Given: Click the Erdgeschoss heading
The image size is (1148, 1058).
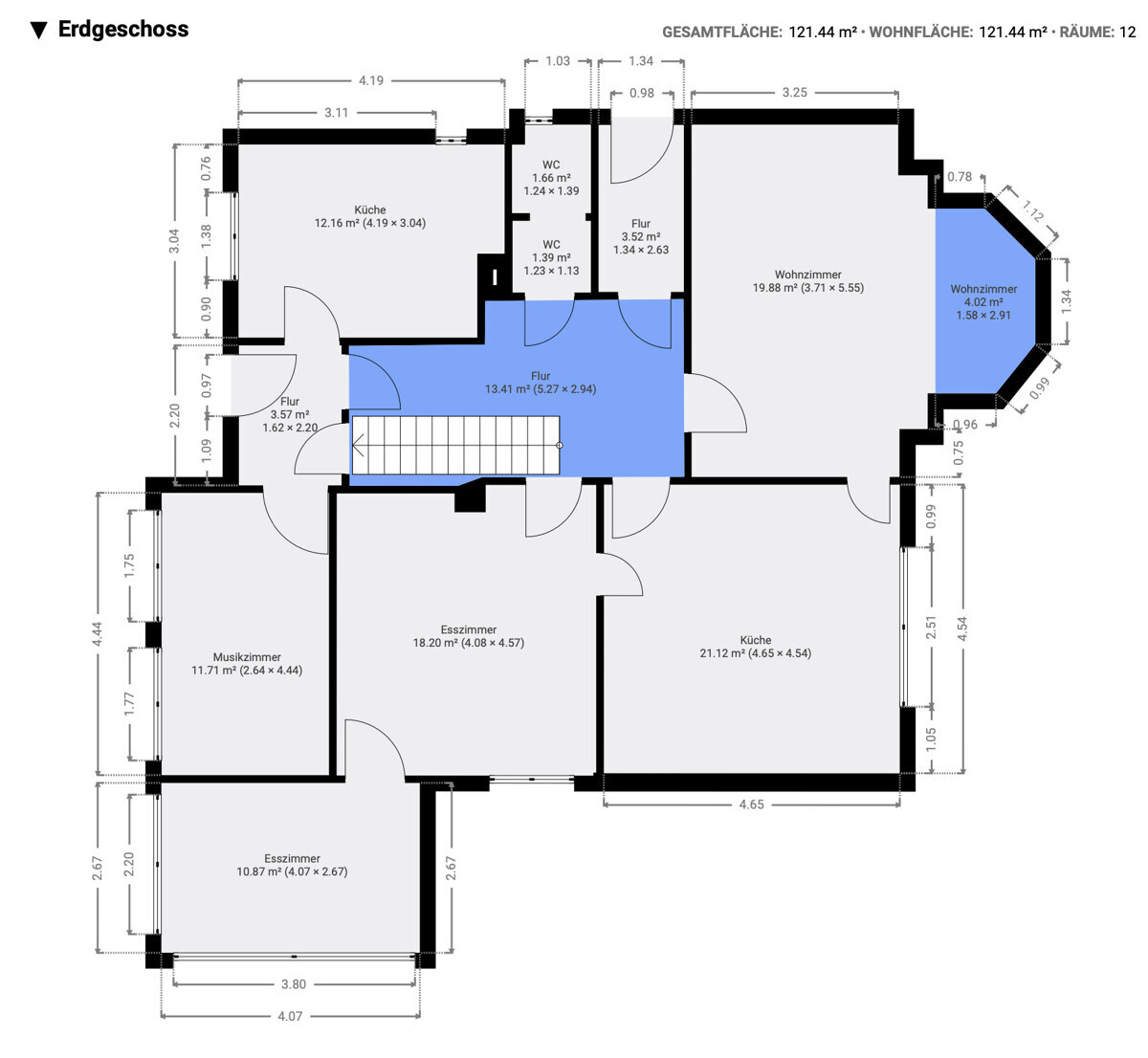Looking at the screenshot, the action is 123,30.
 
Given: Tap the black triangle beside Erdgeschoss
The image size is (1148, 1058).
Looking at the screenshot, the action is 39,31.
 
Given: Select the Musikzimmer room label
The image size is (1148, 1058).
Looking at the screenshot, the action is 247,664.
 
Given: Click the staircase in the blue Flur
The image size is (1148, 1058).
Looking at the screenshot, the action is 455,445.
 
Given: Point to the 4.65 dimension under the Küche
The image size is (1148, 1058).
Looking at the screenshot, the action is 751,805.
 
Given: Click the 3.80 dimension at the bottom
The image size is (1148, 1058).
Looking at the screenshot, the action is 293,984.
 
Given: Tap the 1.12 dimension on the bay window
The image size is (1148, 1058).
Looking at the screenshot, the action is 1032,210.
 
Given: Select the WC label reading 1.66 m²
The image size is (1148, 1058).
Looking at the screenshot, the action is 551,178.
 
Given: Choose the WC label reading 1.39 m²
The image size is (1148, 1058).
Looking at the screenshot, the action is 551,257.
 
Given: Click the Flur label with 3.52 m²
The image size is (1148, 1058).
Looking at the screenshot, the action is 641,236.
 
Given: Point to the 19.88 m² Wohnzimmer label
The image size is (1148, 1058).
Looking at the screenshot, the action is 808,281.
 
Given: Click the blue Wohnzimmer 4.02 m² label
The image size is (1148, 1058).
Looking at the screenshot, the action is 983,301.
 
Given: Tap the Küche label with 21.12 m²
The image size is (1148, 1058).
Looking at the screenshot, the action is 756,647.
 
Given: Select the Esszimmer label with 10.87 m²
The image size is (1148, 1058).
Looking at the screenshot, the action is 292,865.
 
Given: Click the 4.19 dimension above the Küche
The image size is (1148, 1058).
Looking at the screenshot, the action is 371,80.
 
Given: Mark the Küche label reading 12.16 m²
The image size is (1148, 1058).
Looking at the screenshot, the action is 369,216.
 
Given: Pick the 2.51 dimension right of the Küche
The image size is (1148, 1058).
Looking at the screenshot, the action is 931,627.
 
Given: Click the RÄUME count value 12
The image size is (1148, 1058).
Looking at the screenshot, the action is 1127,33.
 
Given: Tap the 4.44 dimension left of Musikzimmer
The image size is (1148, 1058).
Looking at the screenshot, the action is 98,634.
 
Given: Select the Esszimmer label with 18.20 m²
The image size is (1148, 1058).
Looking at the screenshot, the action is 468,636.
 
